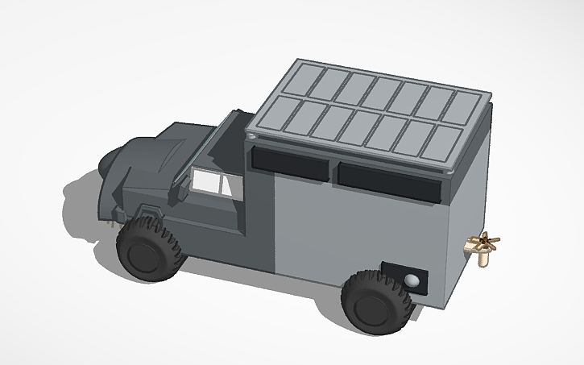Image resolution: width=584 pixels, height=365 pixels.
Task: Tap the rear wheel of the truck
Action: coord(375,303)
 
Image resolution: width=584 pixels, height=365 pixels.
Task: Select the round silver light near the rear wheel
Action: coord(413,280)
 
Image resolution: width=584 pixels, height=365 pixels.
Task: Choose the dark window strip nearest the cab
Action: coord(290,164)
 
